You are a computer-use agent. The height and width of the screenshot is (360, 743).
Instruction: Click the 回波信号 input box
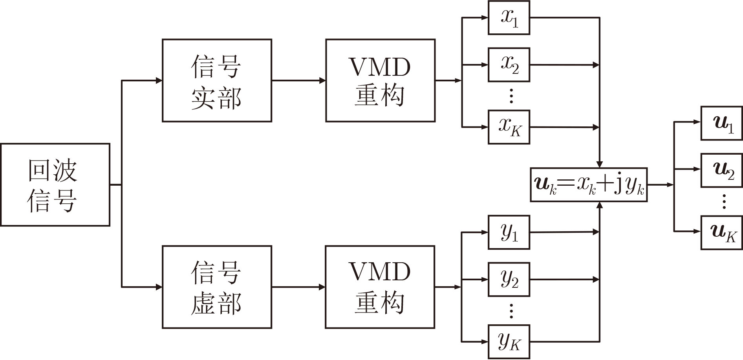tap(55, 185)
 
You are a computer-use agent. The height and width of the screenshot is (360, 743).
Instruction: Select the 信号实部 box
tap(217, 80)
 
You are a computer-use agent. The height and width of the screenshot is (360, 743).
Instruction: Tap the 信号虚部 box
tap(217, 287)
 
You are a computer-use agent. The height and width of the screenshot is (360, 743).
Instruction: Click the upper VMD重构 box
tap(380, 80)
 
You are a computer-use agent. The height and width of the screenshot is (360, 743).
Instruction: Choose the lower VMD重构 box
tap(380, 287)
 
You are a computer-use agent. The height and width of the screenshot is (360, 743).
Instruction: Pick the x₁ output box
tap(509, 18)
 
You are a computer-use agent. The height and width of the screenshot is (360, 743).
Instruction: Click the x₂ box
tap(509, 65)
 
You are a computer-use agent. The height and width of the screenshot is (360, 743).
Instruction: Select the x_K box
tap(509, 127)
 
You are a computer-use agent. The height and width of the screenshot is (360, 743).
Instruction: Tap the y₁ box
tap(509, 232)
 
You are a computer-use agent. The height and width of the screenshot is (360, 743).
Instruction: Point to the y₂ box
tap(509, 280)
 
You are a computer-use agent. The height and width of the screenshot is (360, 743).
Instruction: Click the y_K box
tap(509, 342)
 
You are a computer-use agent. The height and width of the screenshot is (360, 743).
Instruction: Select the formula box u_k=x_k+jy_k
tap(589, 185)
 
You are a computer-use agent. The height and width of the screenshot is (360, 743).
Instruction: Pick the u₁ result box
tap(722, 123)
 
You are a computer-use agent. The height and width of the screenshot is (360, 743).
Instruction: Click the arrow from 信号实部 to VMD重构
tap(298, 80)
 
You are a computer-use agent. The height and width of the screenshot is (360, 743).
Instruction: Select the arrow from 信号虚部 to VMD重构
tap(298, 287)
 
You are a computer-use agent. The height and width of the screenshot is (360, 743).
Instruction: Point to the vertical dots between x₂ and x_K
tap(511, 96)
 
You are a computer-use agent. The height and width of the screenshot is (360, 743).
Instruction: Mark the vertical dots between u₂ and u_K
tap(724, 201)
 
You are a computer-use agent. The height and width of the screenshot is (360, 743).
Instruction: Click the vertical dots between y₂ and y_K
tap(511, 311)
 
